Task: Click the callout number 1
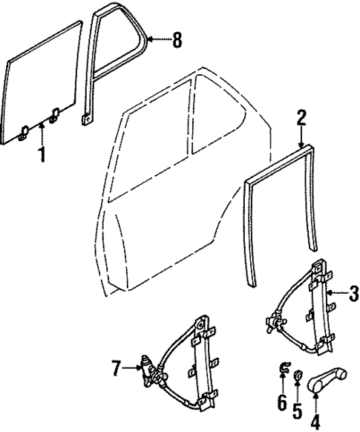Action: click(42, 157)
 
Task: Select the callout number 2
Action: click(301, 117)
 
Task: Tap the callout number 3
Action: click(348, 292)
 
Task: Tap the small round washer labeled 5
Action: click(297, 375)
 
